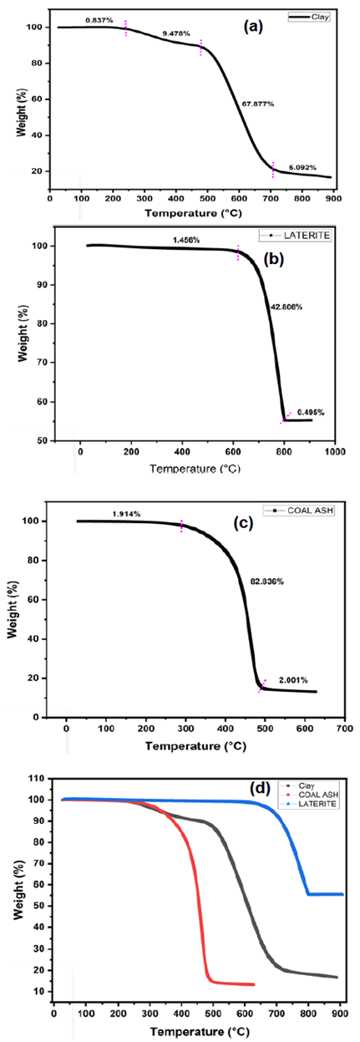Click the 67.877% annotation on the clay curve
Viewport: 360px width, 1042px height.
[257, 104]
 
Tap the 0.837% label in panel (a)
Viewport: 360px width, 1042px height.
[99, 20]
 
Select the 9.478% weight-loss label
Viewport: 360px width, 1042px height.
[175, 33]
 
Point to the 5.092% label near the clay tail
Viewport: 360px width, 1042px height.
[302, 167]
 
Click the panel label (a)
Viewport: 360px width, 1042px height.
[253, 27]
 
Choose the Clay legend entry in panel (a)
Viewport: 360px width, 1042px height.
[309, 18]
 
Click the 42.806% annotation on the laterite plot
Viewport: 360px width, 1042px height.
[286, 307]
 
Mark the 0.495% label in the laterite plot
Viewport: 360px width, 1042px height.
[311, 412]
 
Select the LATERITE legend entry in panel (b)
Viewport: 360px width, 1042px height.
[295, 236]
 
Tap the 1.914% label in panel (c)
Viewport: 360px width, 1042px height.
[125, 514]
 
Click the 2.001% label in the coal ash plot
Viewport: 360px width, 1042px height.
[293, 680]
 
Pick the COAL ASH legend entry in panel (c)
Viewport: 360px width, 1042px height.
[299, 511]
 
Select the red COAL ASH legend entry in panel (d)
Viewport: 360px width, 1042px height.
[312, 795]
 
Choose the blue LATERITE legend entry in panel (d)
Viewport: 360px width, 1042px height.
[312, 803]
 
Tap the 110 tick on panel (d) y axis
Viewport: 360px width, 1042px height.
[39, 778]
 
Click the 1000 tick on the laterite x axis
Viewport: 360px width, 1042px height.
[335, 450]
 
